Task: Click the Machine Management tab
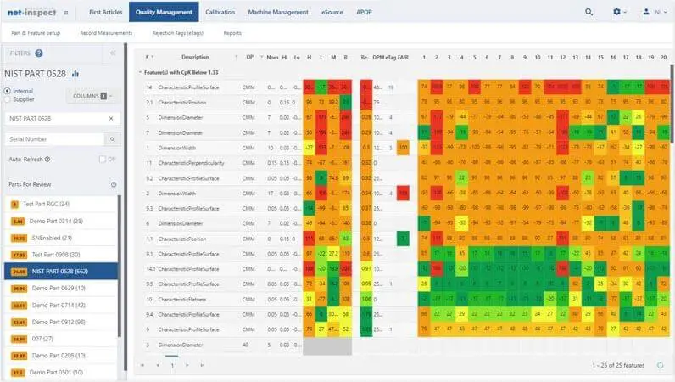tap(279, 12)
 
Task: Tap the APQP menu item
tap(364, 12)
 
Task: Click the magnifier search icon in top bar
tap(589, 12)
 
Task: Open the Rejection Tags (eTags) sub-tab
tap(177, 33)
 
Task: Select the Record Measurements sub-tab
tap(107, 33)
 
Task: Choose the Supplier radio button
tap(8, 99)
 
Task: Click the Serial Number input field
tap(55, 138)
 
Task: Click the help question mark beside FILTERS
tap(39, 53)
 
